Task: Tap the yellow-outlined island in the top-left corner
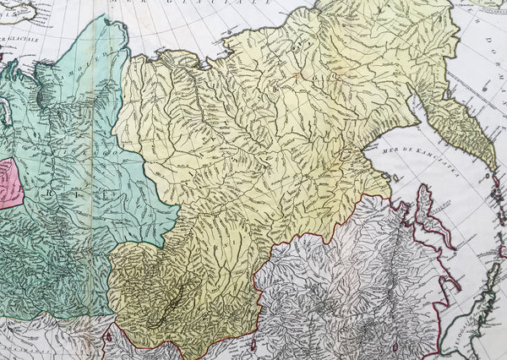(x=21, y=8)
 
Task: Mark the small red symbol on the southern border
(x=108, y=336)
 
